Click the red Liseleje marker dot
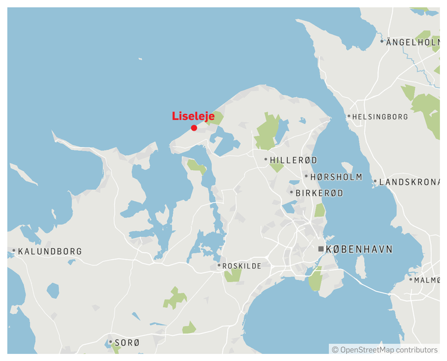coord(194,128)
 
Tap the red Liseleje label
coord(193,116)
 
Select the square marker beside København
coord(321,249)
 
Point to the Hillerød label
coord(294,160)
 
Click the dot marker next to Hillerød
coord(266,159)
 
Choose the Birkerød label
coord(320,193)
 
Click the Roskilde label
coord(242,266)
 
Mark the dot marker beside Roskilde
coord(219,266)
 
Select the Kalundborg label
coord(50,251)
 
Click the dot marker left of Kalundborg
coord(14,251)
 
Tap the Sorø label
coord(127,343)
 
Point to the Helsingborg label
coord(380,117)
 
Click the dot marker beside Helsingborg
coord(349,116)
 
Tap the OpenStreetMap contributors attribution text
coord(384,350)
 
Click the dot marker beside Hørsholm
coord(306,176)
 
